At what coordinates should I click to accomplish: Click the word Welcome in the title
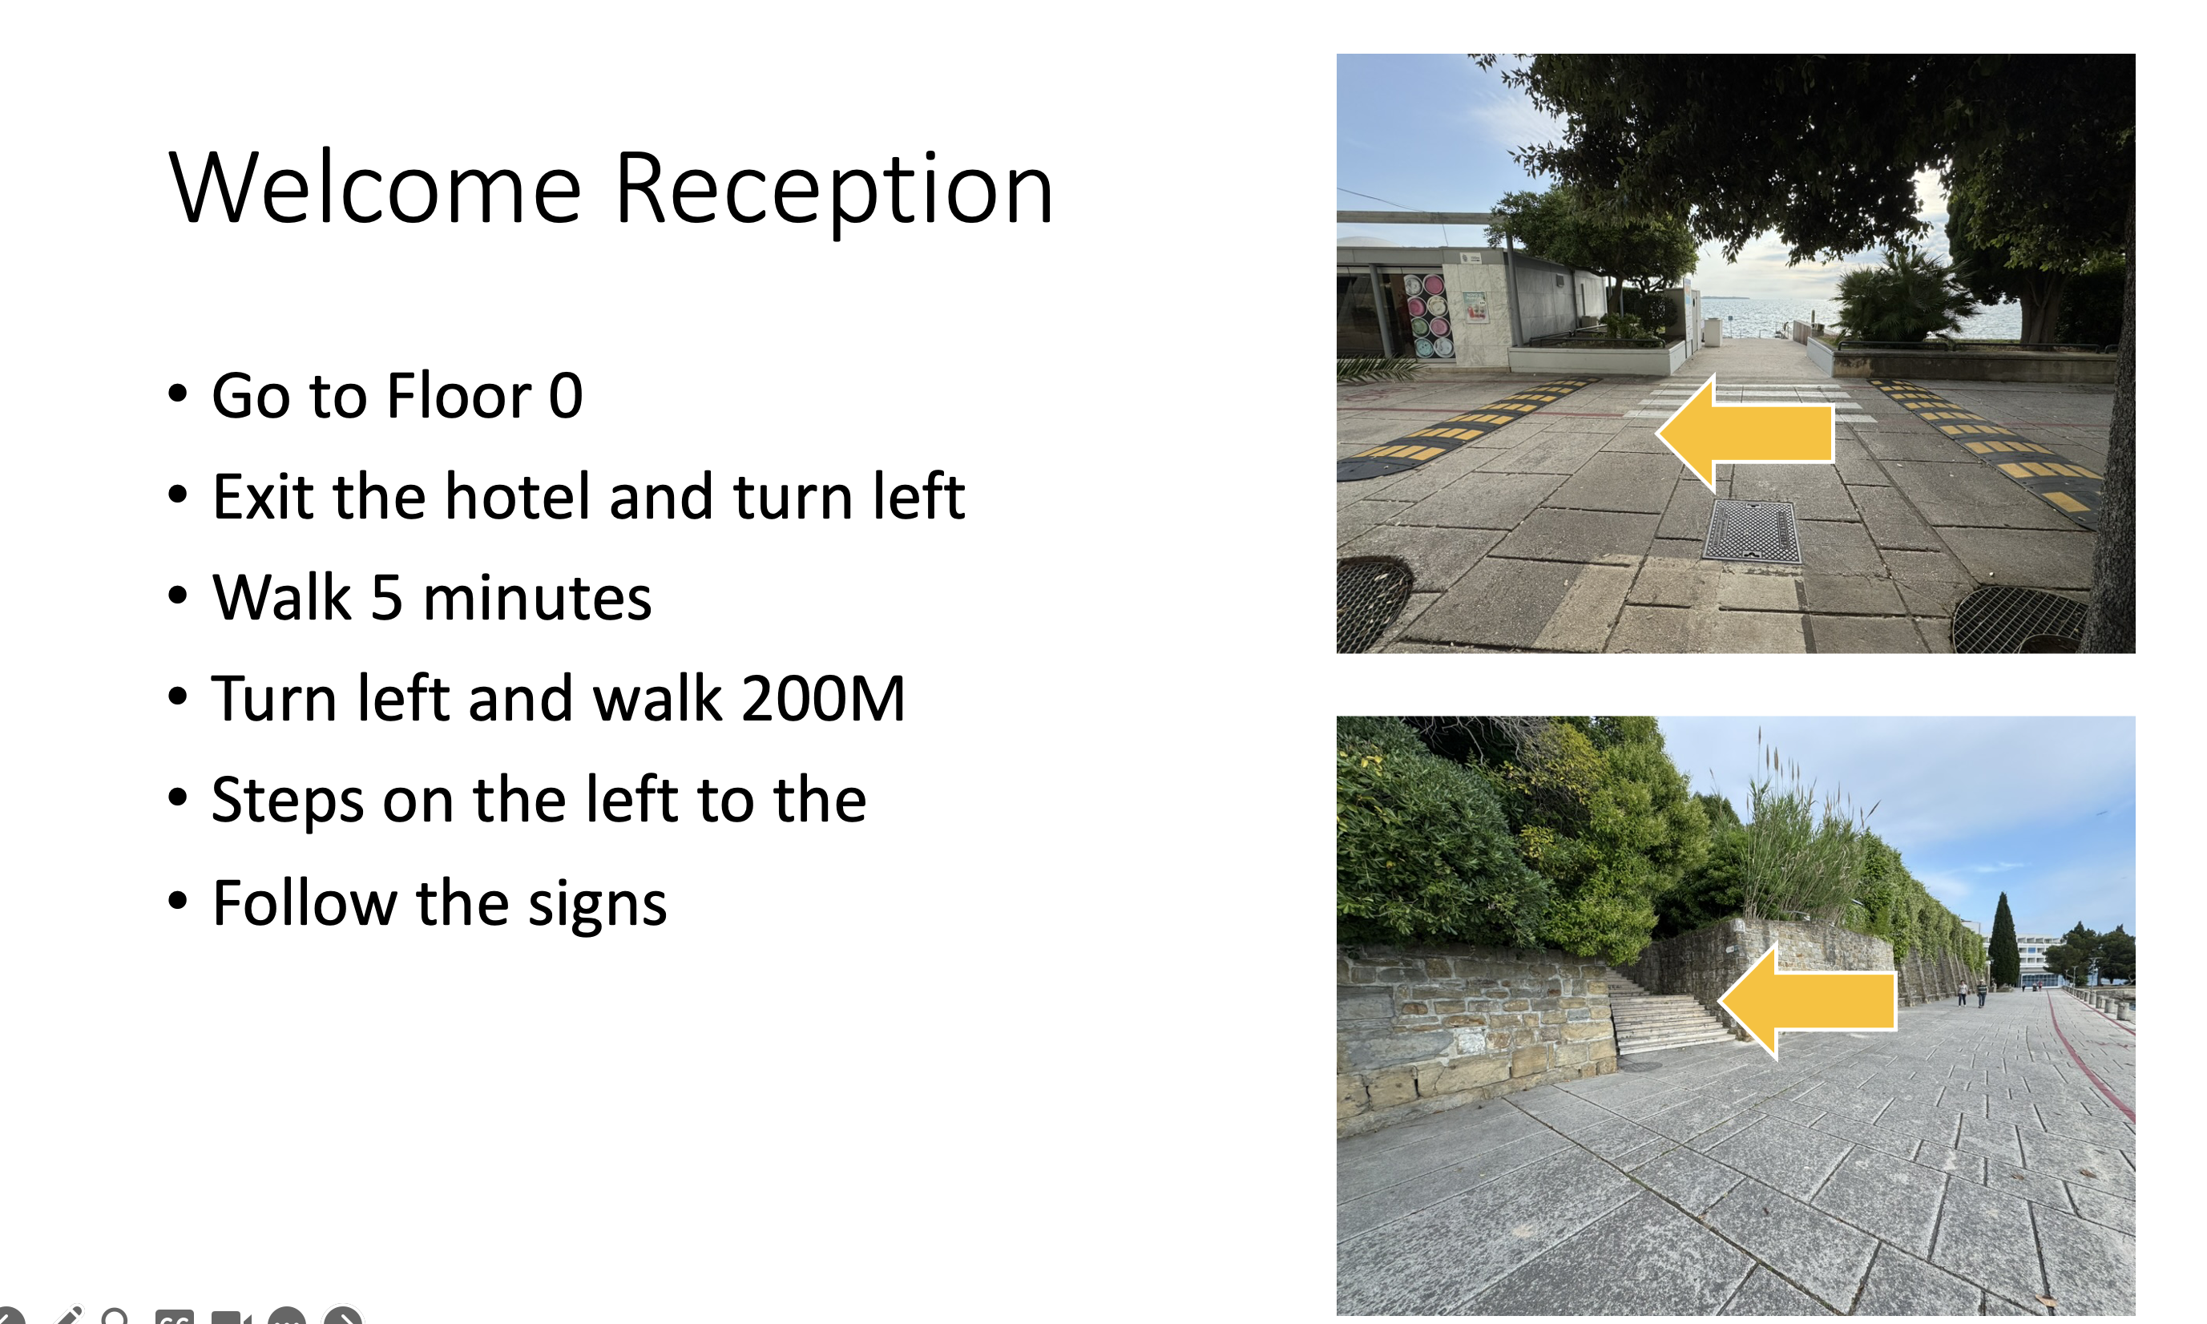click(x=375, y=188)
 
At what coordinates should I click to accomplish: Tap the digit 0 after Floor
click(x=566, y=395)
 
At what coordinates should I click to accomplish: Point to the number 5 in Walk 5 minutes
click(x=386, y=597)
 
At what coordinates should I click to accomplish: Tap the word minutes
click(x=537, y=597)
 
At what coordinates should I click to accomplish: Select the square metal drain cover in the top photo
click(x=1751, y=531)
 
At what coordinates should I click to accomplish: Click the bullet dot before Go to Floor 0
click(x=178, y=394)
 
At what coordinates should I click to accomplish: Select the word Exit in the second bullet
click(x=263, y=496)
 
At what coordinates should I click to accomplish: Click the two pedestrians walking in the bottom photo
click(x=1971, y=993)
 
